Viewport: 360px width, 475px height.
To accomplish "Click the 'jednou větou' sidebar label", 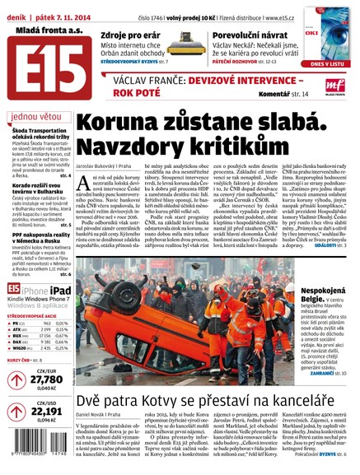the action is (x=37, y=119).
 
